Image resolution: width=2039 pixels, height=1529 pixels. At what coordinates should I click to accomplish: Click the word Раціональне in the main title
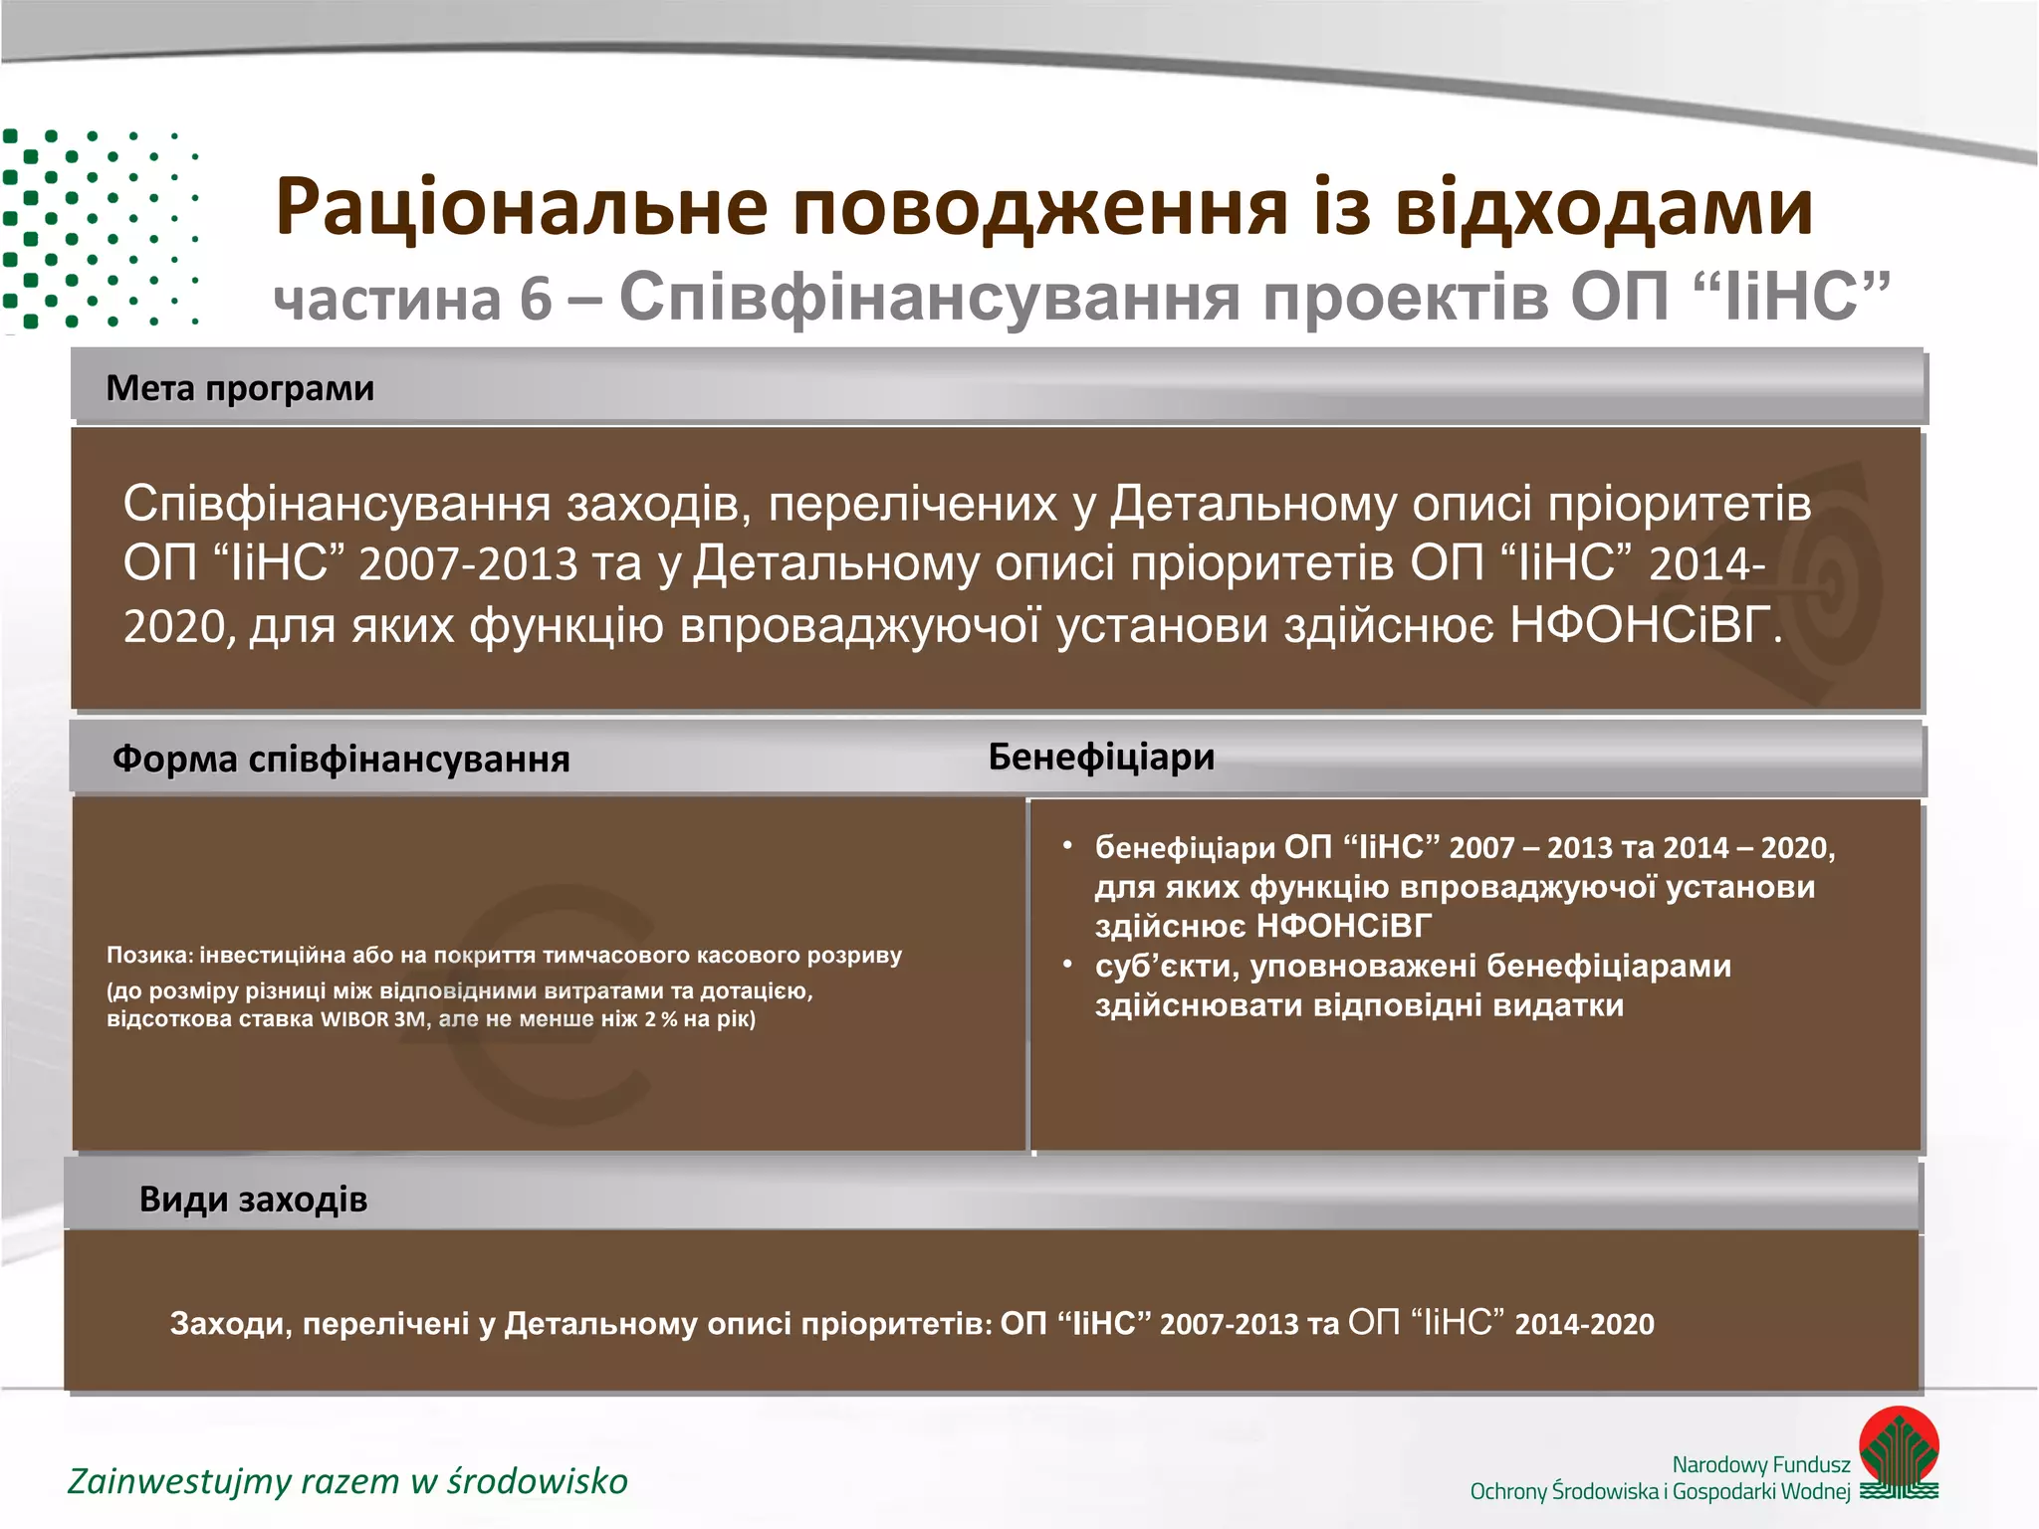tap(521, 207)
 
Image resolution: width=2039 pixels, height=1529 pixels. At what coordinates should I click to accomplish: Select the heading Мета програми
tap(240, 388)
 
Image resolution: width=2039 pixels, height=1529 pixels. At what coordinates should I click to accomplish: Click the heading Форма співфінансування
tap(340, 760)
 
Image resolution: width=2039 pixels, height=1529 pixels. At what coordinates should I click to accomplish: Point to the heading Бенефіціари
tap(1101, 758)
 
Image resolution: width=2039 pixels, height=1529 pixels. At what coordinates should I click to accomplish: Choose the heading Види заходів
tap(253, 1200)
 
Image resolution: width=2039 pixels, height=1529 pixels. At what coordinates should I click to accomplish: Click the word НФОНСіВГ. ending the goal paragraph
tap(1646, 626)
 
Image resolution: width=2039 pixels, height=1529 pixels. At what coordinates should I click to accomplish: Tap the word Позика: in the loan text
tap(149, 956)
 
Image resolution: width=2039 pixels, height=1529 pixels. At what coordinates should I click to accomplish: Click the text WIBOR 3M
tap(374, 1019)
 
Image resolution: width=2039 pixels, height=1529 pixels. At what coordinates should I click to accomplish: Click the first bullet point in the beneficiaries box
tap(1067, 846)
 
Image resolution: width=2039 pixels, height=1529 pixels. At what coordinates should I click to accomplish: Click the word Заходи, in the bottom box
tap(231, 1324)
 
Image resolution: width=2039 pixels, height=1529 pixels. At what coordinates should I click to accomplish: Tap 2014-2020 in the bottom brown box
tap(1584, 1324)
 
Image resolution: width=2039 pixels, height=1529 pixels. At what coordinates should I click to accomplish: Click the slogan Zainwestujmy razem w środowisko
tap(347, 1481)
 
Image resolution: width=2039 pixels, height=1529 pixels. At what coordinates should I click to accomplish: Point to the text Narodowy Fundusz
tap(1760, 1464)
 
